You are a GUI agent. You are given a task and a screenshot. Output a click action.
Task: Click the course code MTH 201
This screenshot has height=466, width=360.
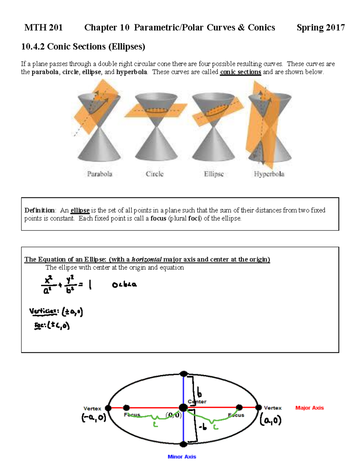(x=43, y=28)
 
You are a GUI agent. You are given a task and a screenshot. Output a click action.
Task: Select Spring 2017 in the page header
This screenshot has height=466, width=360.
(x=320, y=28)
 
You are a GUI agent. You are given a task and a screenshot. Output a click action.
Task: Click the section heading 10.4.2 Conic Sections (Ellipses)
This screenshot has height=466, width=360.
(x=83, y=46)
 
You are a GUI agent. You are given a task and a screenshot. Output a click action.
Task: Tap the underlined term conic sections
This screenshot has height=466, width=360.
(x=240, y=72)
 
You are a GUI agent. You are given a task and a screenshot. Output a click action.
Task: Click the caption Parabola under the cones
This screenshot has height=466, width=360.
(x=100, y=174)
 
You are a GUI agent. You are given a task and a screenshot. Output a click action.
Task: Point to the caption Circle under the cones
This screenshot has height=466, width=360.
(x=154, y=174)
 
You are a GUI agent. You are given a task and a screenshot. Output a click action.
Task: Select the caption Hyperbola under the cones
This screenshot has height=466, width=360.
(x=269, y=174)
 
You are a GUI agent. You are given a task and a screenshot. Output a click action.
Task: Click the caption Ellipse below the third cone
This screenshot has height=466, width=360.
(x=214, y=174)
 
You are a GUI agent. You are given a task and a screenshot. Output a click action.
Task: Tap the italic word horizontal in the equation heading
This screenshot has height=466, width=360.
(x=147, y=259)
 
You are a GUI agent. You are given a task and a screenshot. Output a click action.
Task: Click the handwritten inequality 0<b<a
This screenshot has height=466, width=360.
(x=124, y=285)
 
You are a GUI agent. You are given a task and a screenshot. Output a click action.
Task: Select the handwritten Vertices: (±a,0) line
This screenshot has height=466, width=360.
(x=56, y=312)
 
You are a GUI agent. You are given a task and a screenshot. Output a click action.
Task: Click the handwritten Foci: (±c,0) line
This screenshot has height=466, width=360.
(x=52, y=325)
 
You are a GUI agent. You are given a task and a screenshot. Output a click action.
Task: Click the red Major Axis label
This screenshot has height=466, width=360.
(x=309, y=408)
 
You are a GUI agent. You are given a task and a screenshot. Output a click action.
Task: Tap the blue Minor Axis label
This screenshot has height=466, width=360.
(x=182, y=457)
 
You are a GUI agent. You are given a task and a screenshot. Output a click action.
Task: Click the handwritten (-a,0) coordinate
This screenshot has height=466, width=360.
(x=94, y=418)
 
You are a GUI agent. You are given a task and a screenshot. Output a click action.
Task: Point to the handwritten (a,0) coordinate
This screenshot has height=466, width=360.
(x=271, y=420)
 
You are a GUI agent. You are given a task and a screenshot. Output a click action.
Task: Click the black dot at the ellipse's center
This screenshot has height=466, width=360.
(x=183, y=408)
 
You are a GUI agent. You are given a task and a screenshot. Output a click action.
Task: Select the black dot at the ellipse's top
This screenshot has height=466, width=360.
(x=184, y=374)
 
